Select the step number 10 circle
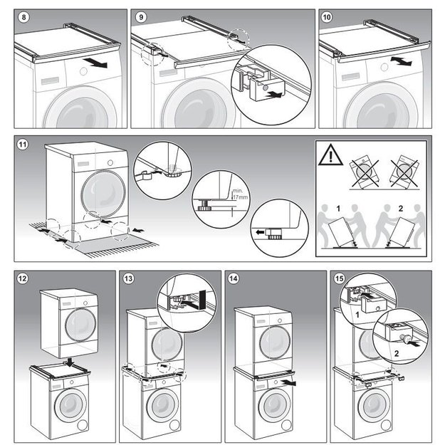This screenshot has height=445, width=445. click(x=327, y=17)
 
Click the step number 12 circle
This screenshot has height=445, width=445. click(x=23, y=278)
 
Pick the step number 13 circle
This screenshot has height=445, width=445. click(x=129, y=278)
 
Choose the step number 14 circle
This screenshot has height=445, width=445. click(x=234, y=278)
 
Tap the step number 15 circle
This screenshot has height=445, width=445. click(x=339, y=278)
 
